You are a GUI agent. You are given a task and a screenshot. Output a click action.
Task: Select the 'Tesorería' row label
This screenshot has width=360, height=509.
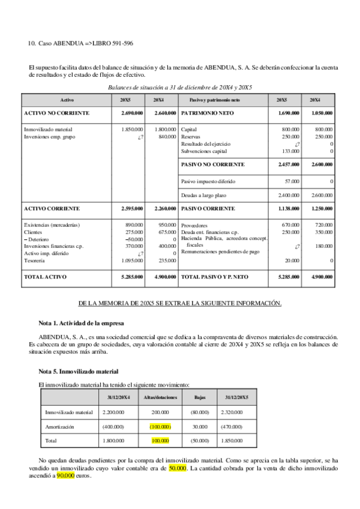pos(36,261)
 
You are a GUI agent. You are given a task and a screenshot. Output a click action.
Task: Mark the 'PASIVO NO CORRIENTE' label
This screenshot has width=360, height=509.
pos(213,164)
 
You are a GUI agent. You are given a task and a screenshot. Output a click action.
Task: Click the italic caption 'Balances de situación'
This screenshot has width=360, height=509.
pos(180,88)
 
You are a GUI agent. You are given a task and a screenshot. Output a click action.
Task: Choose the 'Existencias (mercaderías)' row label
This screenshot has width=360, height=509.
pos(52,224)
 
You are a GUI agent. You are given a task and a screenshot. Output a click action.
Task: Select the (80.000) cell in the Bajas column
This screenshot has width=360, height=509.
pos(200,412)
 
